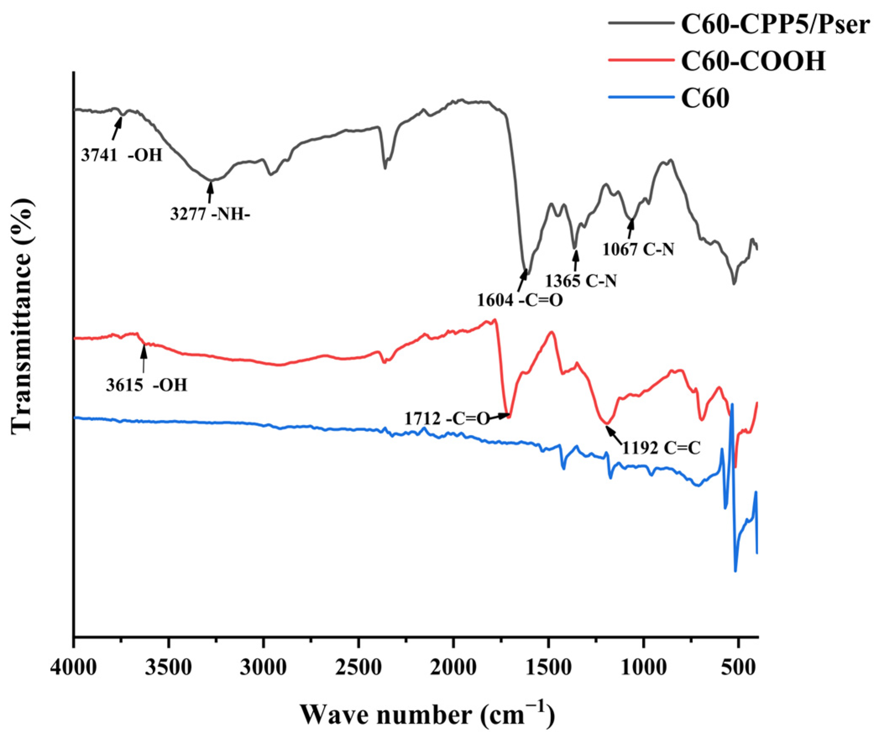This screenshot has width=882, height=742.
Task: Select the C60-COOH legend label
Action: tap(753, 62)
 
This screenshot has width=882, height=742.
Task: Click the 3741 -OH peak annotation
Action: tap(122, 156)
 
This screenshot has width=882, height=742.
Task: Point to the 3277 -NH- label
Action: tap(210, 215)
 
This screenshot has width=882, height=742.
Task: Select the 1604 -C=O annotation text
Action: tap(520, 300)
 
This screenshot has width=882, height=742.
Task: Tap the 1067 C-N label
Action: tap(638, 250)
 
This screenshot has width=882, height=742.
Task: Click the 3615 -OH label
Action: tap(146, 385)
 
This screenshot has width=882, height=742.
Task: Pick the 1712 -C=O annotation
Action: tap(447, 419)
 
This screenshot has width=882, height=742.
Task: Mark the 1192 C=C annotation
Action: tap(661, 449)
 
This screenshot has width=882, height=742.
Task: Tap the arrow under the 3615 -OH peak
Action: tap(144, 358)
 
